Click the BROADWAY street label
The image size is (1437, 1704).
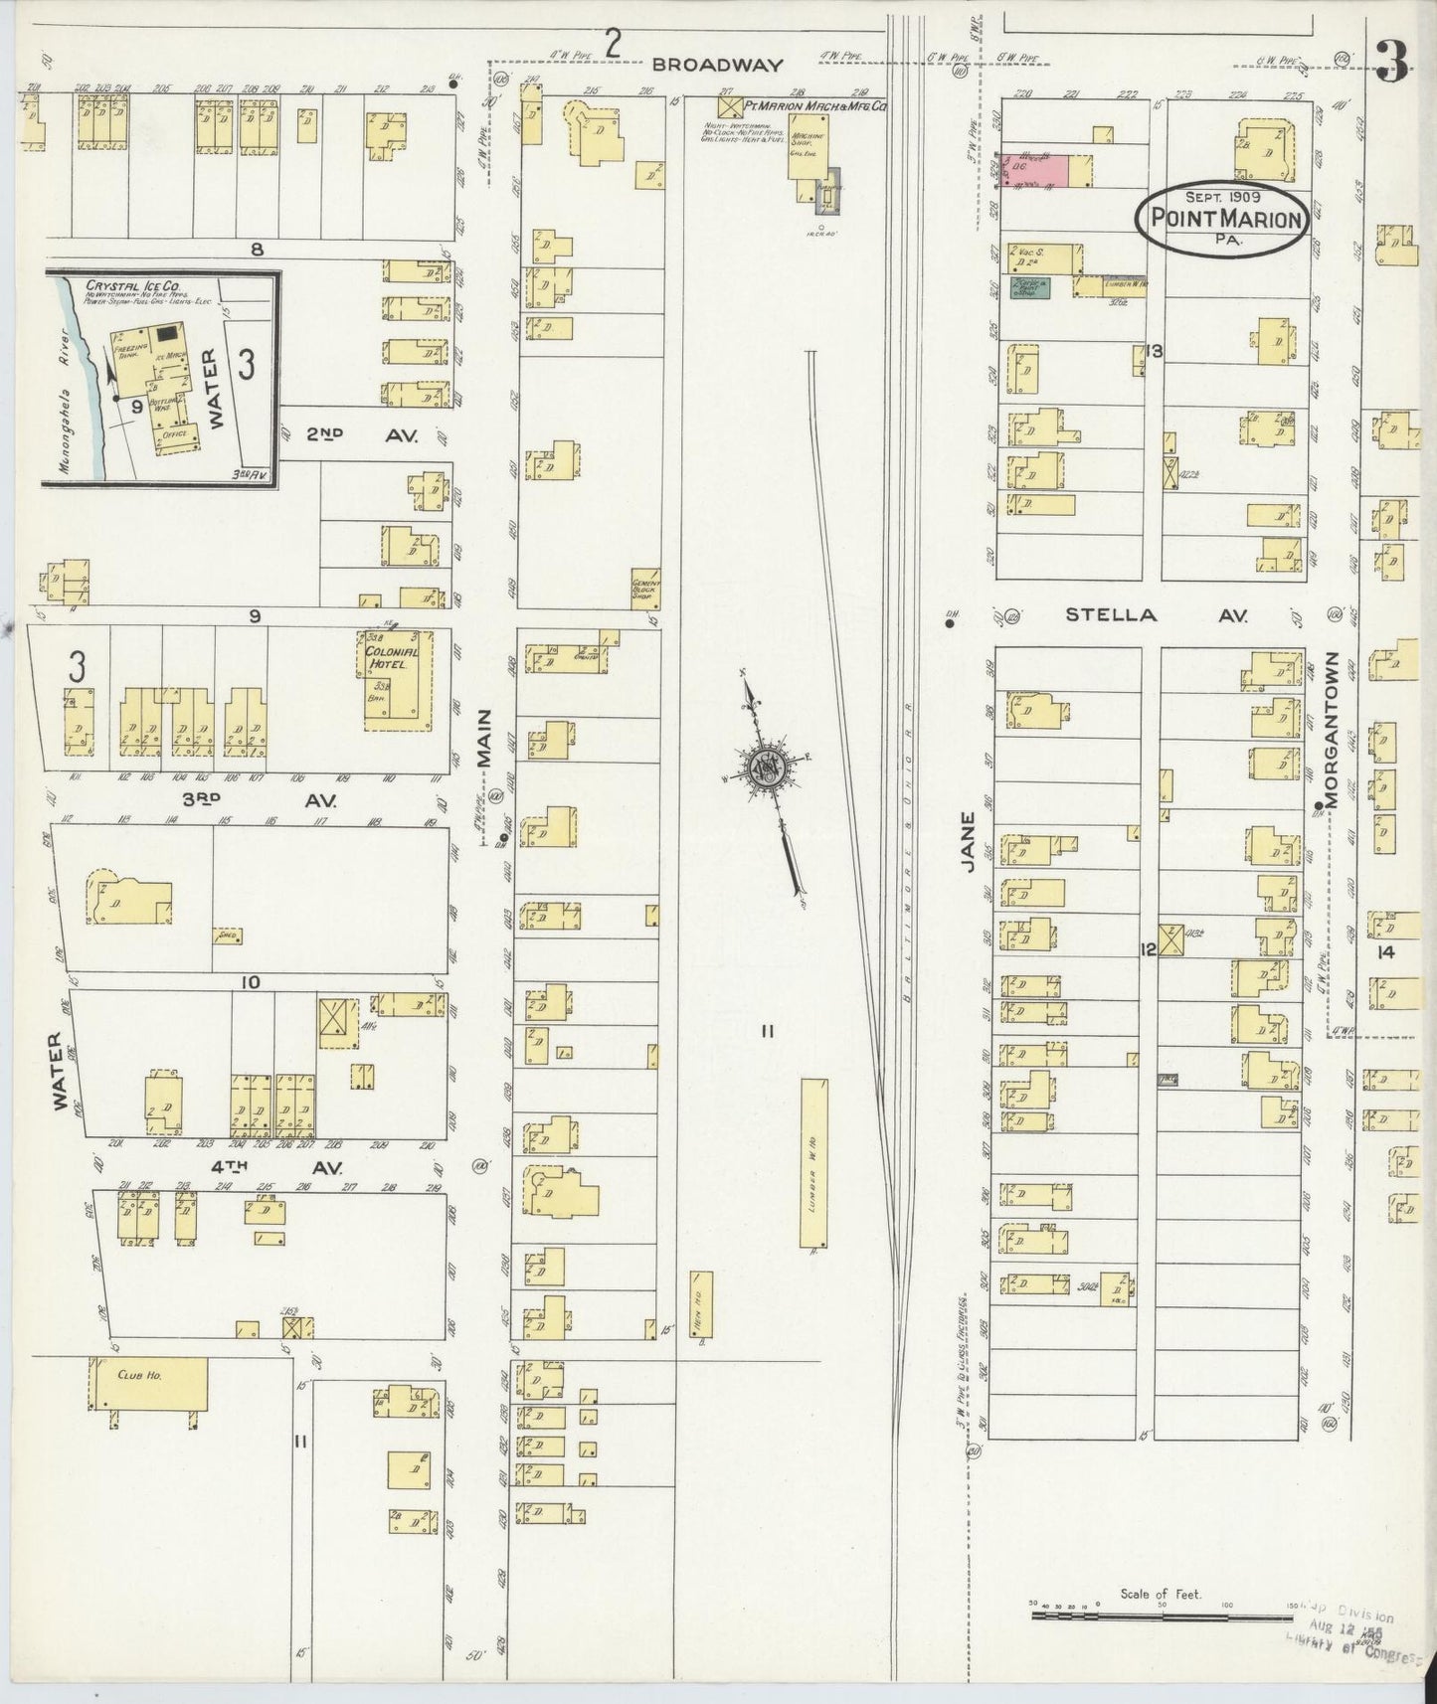[x=717, y=65]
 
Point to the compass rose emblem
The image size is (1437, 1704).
[x=768, y=766]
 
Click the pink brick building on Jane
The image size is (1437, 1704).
[x=1036, y=170]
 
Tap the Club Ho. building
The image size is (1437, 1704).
[x=148, y=1379]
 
